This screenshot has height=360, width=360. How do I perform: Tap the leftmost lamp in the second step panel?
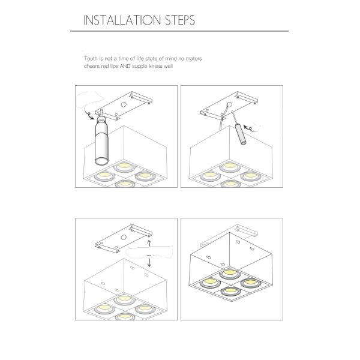click(210, 176)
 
